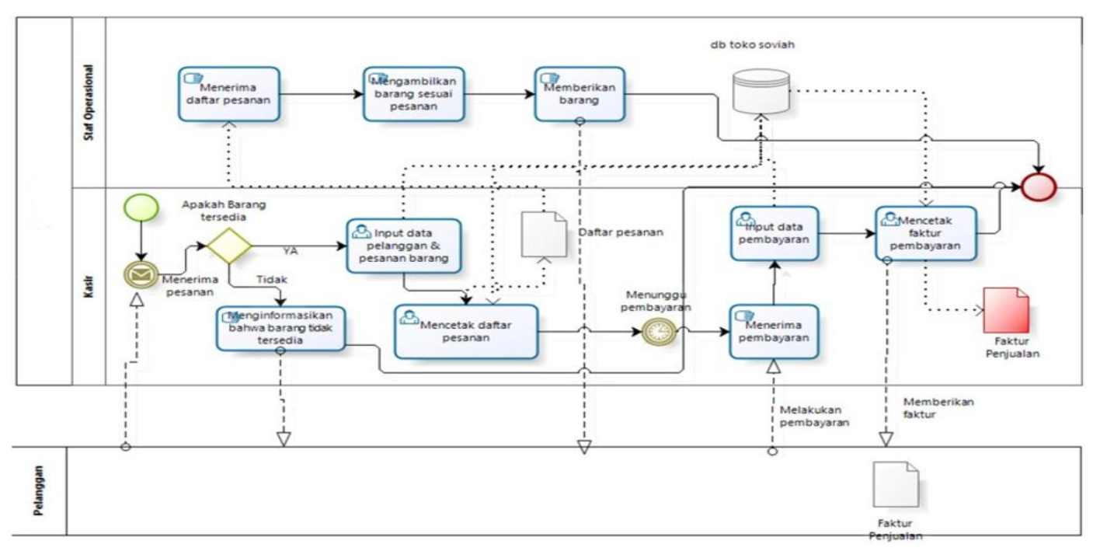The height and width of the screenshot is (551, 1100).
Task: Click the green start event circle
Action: [141, 207]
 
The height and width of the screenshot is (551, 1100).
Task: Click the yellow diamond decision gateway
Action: [228, 246]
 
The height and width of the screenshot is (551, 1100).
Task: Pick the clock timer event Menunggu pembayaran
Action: [659, 332]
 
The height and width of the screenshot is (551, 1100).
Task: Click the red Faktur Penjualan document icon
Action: [1005, 310]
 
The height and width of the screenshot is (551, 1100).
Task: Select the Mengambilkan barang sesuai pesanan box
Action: [413, 94]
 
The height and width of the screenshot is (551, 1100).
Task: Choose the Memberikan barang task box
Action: [580, 94]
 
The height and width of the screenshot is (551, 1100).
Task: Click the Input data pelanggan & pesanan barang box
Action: [404, 245]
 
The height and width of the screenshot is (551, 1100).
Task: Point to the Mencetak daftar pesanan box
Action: [466, 331]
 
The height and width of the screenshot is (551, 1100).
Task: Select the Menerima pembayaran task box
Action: [774, 331]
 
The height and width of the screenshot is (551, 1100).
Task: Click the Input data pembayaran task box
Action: [774, 233]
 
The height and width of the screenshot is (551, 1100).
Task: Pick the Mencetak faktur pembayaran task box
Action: [924, 233]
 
